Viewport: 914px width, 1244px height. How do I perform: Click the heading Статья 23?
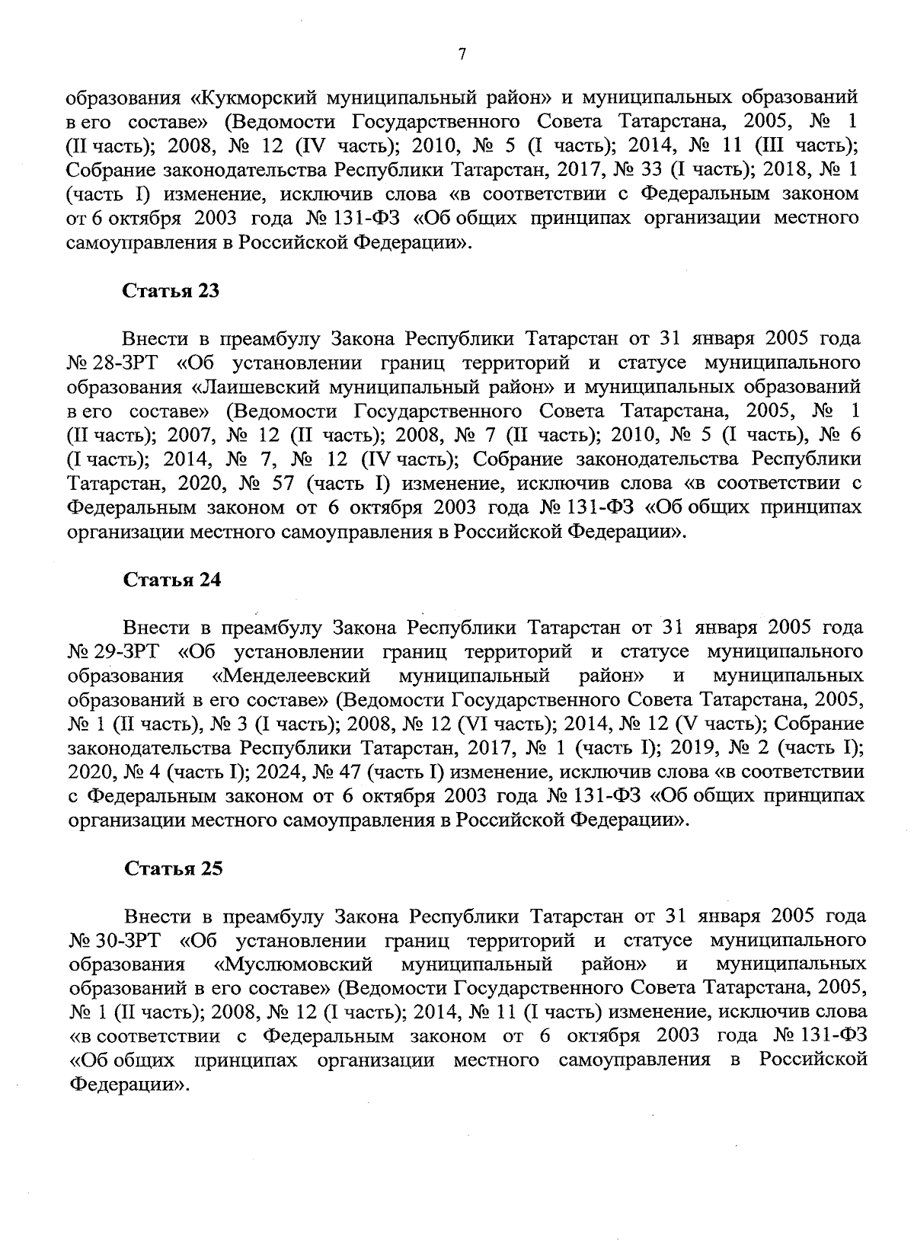(171, 290)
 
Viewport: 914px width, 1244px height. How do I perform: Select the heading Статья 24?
(172, 579)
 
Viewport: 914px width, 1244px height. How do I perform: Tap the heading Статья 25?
(173, 868)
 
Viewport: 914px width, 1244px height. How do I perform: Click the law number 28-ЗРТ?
(123, 363)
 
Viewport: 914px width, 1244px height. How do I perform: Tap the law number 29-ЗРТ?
(124, 651)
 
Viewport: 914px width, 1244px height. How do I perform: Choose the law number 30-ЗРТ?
(125, 941)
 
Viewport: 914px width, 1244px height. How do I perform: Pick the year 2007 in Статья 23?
(188, 435)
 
